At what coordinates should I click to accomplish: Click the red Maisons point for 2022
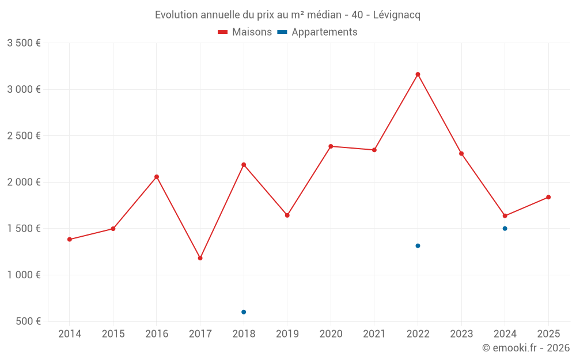click(418, 74)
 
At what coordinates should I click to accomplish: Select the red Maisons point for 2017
click(200, 258)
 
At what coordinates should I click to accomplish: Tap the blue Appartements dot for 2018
click(244, 312)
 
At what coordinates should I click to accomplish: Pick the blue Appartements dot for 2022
click(418, 246)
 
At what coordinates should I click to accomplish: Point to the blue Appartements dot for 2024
click(505, 229)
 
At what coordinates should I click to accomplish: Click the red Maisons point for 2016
click(157, 177)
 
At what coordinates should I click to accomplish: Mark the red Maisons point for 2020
click(331, 146)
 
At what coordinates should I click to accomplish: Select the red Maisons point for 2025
click(548, 197)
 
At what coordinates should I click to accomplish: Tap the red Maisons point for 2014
click(70, 240)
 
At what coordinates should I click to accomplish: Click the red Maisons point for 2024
click(505, 216)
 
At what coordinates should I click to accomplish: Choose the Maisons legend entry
click(245, 32)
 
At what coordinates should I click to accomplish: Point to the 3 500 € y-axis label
click(24, 43)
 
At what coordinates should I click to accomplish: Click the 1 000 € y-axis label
click(24, 275)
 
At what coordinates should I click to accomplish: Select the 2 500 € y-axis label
click(24, 136)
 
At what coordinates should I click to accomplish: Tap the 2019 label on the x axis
click(287, 334)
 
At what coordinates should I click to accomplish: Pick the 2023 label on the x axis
click(461, 334)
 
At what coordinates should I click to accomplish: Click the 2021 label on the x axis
click(374, 334)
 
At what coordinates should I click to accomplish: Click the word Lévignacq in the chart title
click(396, 15)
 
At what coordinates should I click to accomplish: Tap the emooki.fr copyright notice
click(525, 348)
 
